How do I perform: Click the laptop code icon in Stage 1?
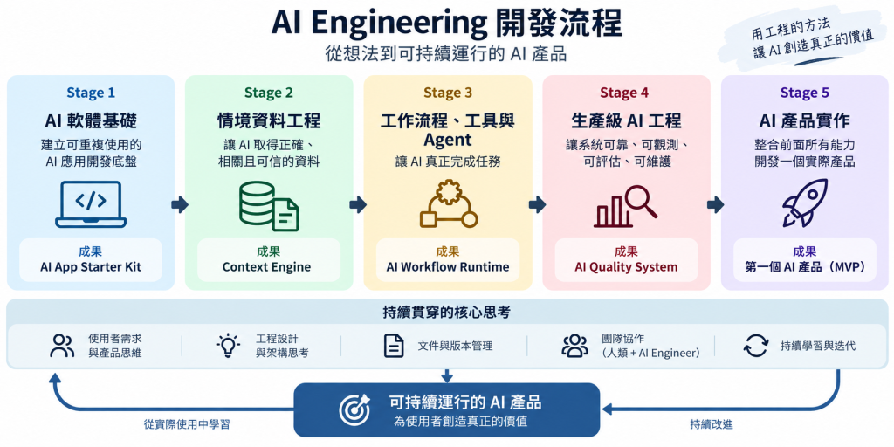point(91,204)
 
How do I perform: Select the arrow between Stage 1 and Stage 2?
point(180,204)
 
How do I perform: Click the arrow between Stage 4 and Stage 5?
point(715,204)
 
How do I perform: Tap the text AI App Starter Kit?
point(91,267)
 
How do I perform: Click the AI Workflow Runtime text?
point(448,267)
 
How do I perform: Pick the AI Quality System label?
point(626,267)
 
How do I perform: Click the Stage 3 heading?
point(448,93)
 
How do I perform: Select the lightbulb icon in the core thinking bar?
point(228,346)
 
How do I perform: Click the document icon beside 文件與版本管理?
point(394,346)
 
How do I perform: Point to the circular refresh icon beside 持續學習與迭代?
point(756,346)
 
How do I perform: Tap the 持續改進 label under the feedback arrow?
point(712,424)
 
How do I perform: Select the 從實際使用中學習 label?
point(188,424)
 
